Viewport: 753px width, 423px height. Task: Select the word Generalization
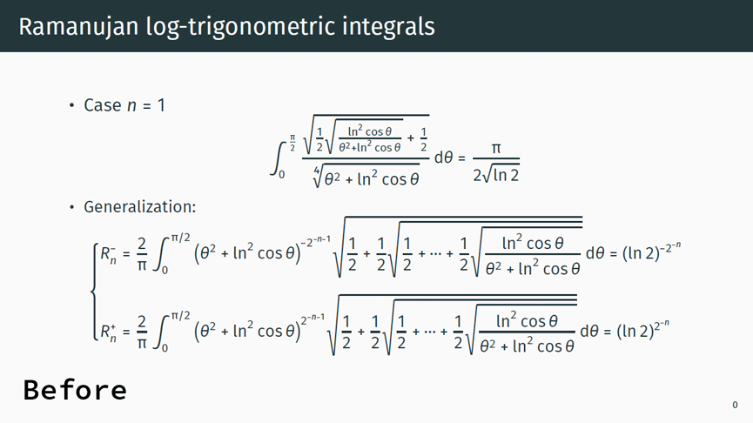(139, 207)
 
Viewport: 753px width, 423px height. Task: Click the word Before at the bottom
(75, 390)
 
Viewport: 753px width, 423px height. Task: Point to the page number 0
(735, 405)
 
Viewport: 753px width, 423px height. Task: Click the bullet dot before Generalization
(72, 207)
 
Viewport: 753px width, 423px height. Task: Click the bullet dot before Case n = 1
(72, 105)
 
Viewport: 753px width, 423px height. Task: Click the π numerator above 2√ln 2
(496, 149)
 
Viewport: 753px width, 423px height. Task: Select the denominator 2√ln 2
(496, 175)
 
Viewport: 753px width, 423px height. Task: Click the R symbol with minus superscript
(108, 254)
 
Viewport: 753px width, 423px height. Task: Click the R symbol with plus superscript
(108, 330)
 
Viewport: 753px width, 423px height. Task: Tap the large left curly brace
(93, 292)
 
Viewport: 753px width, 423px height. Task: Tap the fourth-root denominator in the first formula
(366, 178)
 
